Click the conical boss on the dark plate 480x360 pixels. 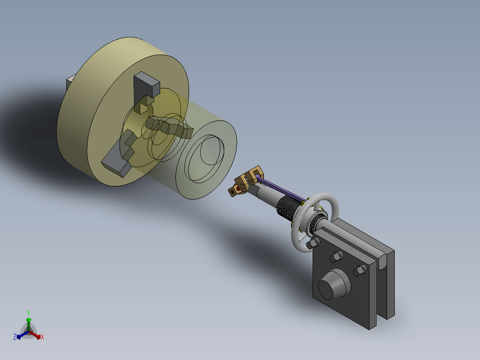[x=334, y=284]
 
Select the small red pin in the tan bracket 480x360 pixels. [x=238, y=189]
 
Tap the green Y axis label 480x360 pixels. [x=28, y=313]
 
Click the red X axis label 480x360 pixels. [x=42, y=337]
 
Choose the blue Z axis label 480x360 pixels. [x=15, y=337]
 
